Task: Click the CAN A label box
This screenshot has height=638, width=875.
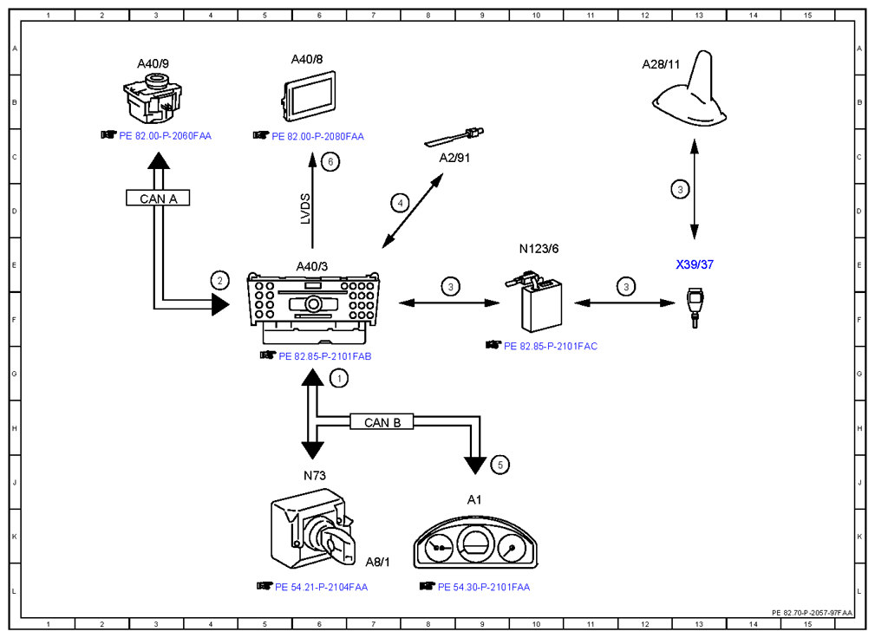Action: (158, 198)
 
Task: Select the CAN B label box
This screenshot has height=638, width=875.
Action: (382, 422)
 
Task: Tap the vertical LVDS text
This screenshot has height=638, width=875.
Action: (305, 209)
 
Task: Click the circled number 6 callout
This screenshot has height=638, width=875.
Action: (330, 162)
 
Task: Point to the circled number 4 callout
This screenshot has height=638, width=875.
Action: (400, 203)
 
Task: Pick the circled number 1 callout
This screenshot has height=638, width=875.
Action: (339, 378)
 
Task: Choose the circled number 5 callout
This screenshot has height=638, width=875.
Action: (500, 465)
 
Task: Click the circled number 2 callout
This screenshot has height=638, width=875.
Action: (220, 281)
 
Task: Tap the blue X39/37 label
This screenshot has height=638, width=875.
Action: (695, 264)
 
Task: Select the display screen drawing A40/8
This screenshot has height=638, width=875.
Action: (309, 96)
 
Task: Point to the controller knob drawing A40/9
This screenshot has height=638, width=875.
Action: (153, 100)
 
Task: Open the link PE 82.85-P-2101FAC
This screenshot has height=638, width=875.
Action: (550, 347)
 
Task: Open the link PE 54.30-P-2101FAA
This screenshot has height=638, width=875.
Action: (484, 587)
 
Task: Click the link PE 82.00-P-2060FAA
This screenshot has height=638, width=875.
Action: (165, 135)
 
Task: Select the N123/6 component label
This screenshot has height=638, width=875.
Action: (539, 249)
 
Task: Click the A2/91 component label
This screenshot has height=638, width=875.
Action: (454, 158)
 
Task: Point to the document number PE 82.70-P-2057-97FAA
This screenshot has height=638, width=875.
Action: (812, 612)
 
